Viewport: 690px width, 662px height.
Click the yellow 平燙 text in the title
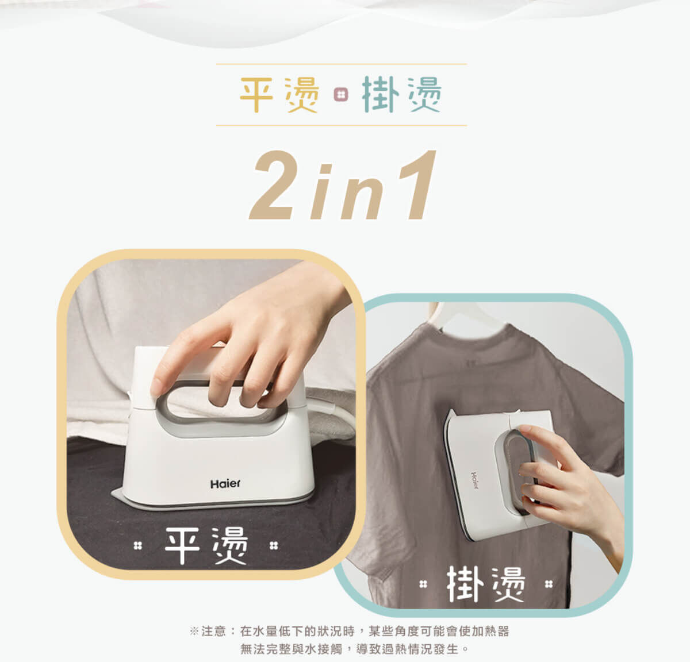[x=279, y=95]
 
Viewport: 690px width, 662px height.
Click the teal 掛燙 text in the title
[x=401, y=95]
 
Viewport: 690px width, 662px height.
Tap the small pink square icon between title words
[x=340, y=95]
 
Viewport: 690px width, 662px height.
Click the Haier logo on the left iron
[x=225, y=484]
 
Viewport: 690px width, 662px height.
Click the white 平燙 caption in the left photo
[x=206, y=545]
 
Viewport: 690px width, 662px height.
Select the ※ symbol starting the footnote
[x=194, y=632]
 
